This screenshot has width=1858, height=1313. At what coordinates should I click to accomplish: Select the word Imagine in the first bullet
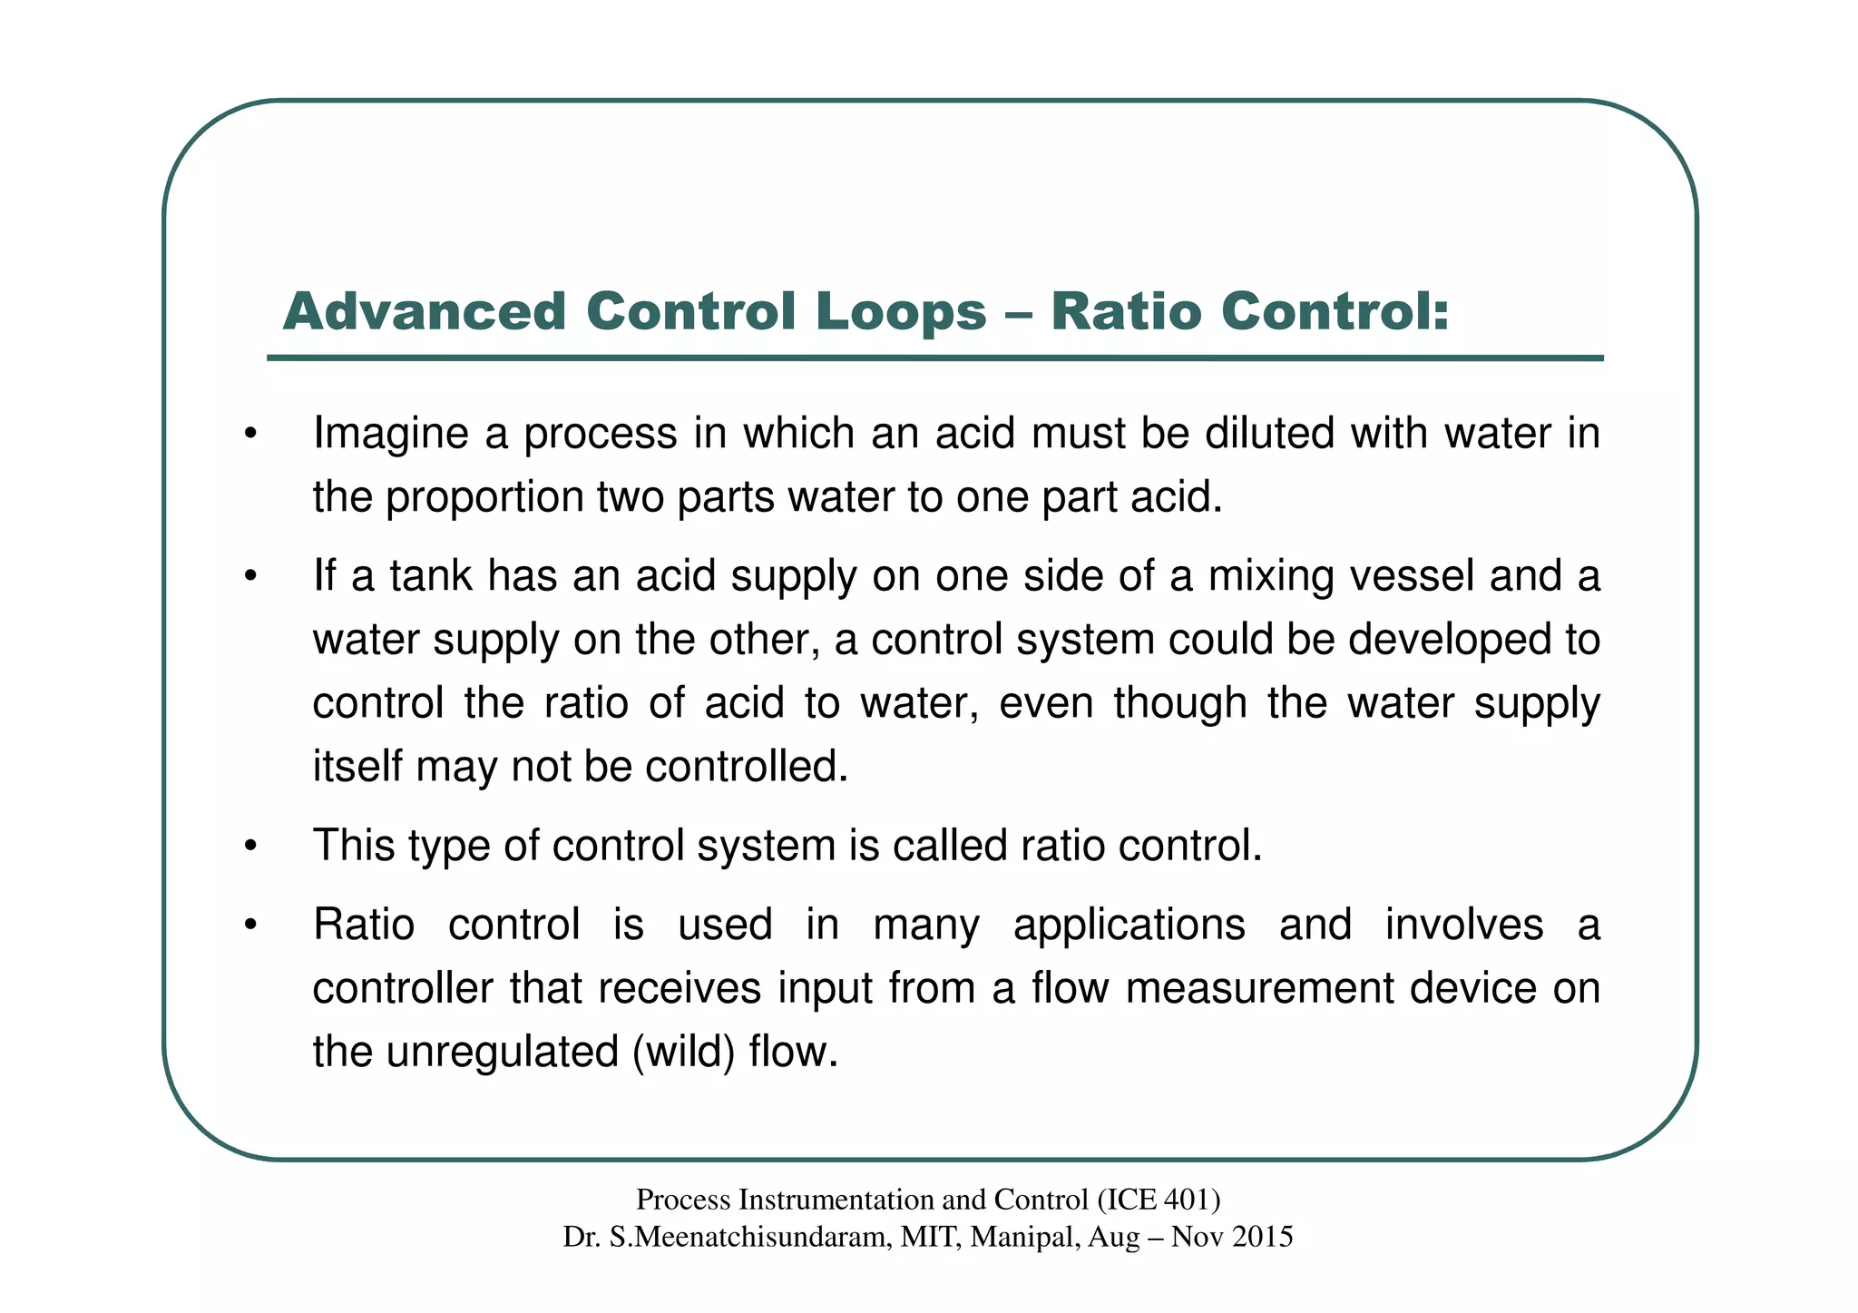coord(391,434)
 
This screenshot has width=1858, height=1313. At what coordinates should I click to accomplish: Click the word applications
coord(1129,926)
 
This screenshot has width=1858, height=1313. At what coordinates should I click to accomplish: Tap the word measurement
coord(1259,989)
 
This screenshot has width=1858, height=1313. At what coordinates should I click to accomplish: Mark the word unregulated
coord(502,1053)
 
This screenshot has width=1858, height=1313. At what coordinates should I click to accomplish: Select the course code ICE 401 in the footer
coord(1158,1200)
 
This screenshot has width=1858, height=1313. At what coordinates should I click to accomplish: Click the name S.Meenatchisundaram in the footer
coord(750,1237)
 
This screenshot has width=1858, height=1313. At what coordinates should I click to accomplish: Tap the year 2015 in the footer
coord(1263,1237)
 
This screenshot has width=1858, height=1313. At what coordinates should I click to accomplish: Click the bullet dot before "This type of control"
coord(251,848)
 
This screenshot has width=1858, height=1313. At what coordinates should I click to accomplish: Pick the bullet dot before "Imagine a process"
coord(251,436)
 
